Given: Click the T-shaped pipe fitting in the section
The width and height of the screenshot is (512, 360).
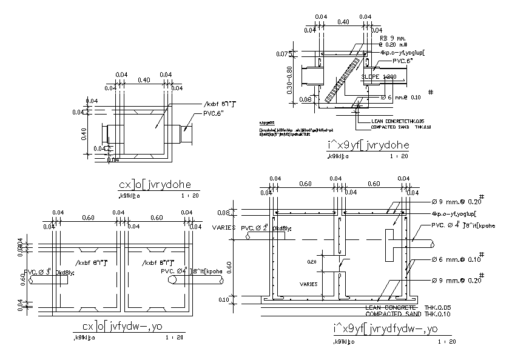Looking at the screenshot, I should pos(391,242).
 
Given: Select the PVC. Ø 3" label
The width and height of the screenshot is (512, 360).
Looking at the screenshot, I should pos(38,273).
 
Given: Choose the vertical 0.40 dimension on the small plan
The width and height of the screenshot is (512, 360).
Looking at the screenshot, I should pos(85,132).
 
